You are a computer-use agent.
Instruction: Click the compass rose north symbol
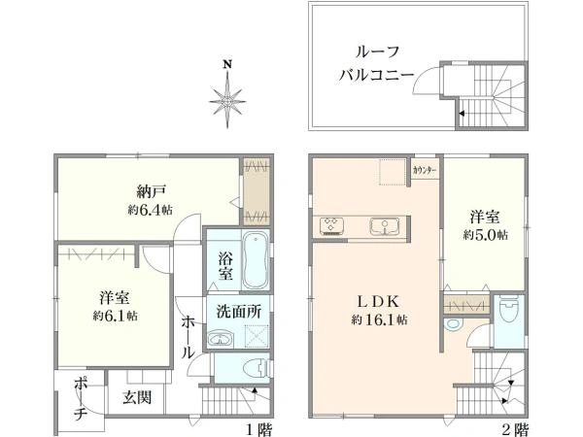click(227, 95)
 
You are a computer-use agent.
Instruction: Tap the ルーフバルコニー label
click(377, 63)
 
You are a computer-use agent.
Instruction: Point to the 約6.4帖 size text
click(149, 209)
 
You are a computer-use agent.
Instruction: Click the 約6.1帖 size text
click(115, 316)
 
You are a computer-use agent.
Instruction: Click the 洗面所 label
click(237, 314)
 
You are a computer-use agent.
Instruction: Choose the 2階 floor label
click(515, 427)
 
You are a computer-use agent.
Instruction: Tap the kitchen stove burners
click(331, 226)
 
